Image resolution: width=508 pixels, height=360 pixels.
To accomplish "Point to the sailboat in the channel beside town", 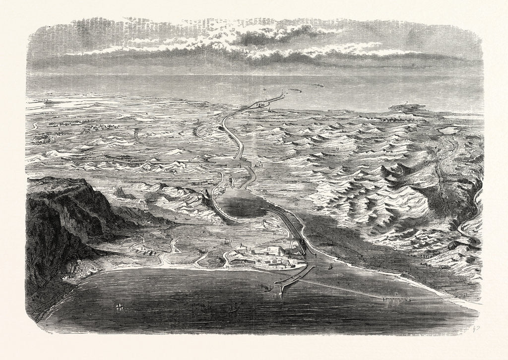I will (331, 266).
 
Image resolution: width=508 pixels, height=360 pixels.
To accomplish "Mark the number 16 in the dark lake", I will (241, 204).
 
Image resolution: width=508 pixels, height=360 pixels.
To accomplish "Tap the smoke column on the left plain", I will (135, 135).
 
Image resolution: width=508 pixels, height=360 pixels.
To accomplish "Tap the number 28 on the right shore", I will (465, 295).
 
